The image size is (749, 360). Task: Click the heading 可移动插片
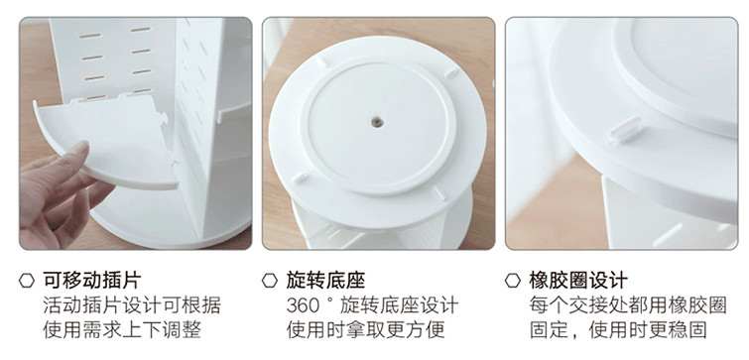coord(92,281)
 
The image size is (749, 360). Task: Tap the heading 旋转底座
coord(325,281)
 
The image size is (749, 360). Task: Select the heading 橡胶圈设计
coord(578,281)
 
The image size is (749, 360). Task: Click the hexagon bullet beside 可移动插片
coord(27,281)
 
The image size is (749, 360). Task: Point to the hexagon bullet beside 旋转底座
coord(270,281)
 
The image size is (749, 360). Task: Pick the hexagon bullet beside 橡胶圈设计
coord(513,281)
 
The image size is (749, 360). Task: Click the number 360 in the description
coord(303,305)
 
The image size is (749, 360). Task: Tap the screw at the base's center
coord(376,122)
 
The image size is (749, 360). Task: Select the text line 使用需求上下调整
coord(122,330)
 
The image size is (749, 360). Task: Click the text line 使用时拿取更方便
coord(365,330)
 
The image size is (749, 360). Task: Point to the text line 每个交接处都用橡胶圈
coord(628,305)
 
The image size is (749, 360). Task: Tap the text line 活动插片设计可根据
coord(132,305)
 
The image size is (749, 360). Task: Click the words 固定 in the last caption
coord(549,330)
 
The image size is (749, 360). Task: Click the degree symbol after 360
coord(328,300)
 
